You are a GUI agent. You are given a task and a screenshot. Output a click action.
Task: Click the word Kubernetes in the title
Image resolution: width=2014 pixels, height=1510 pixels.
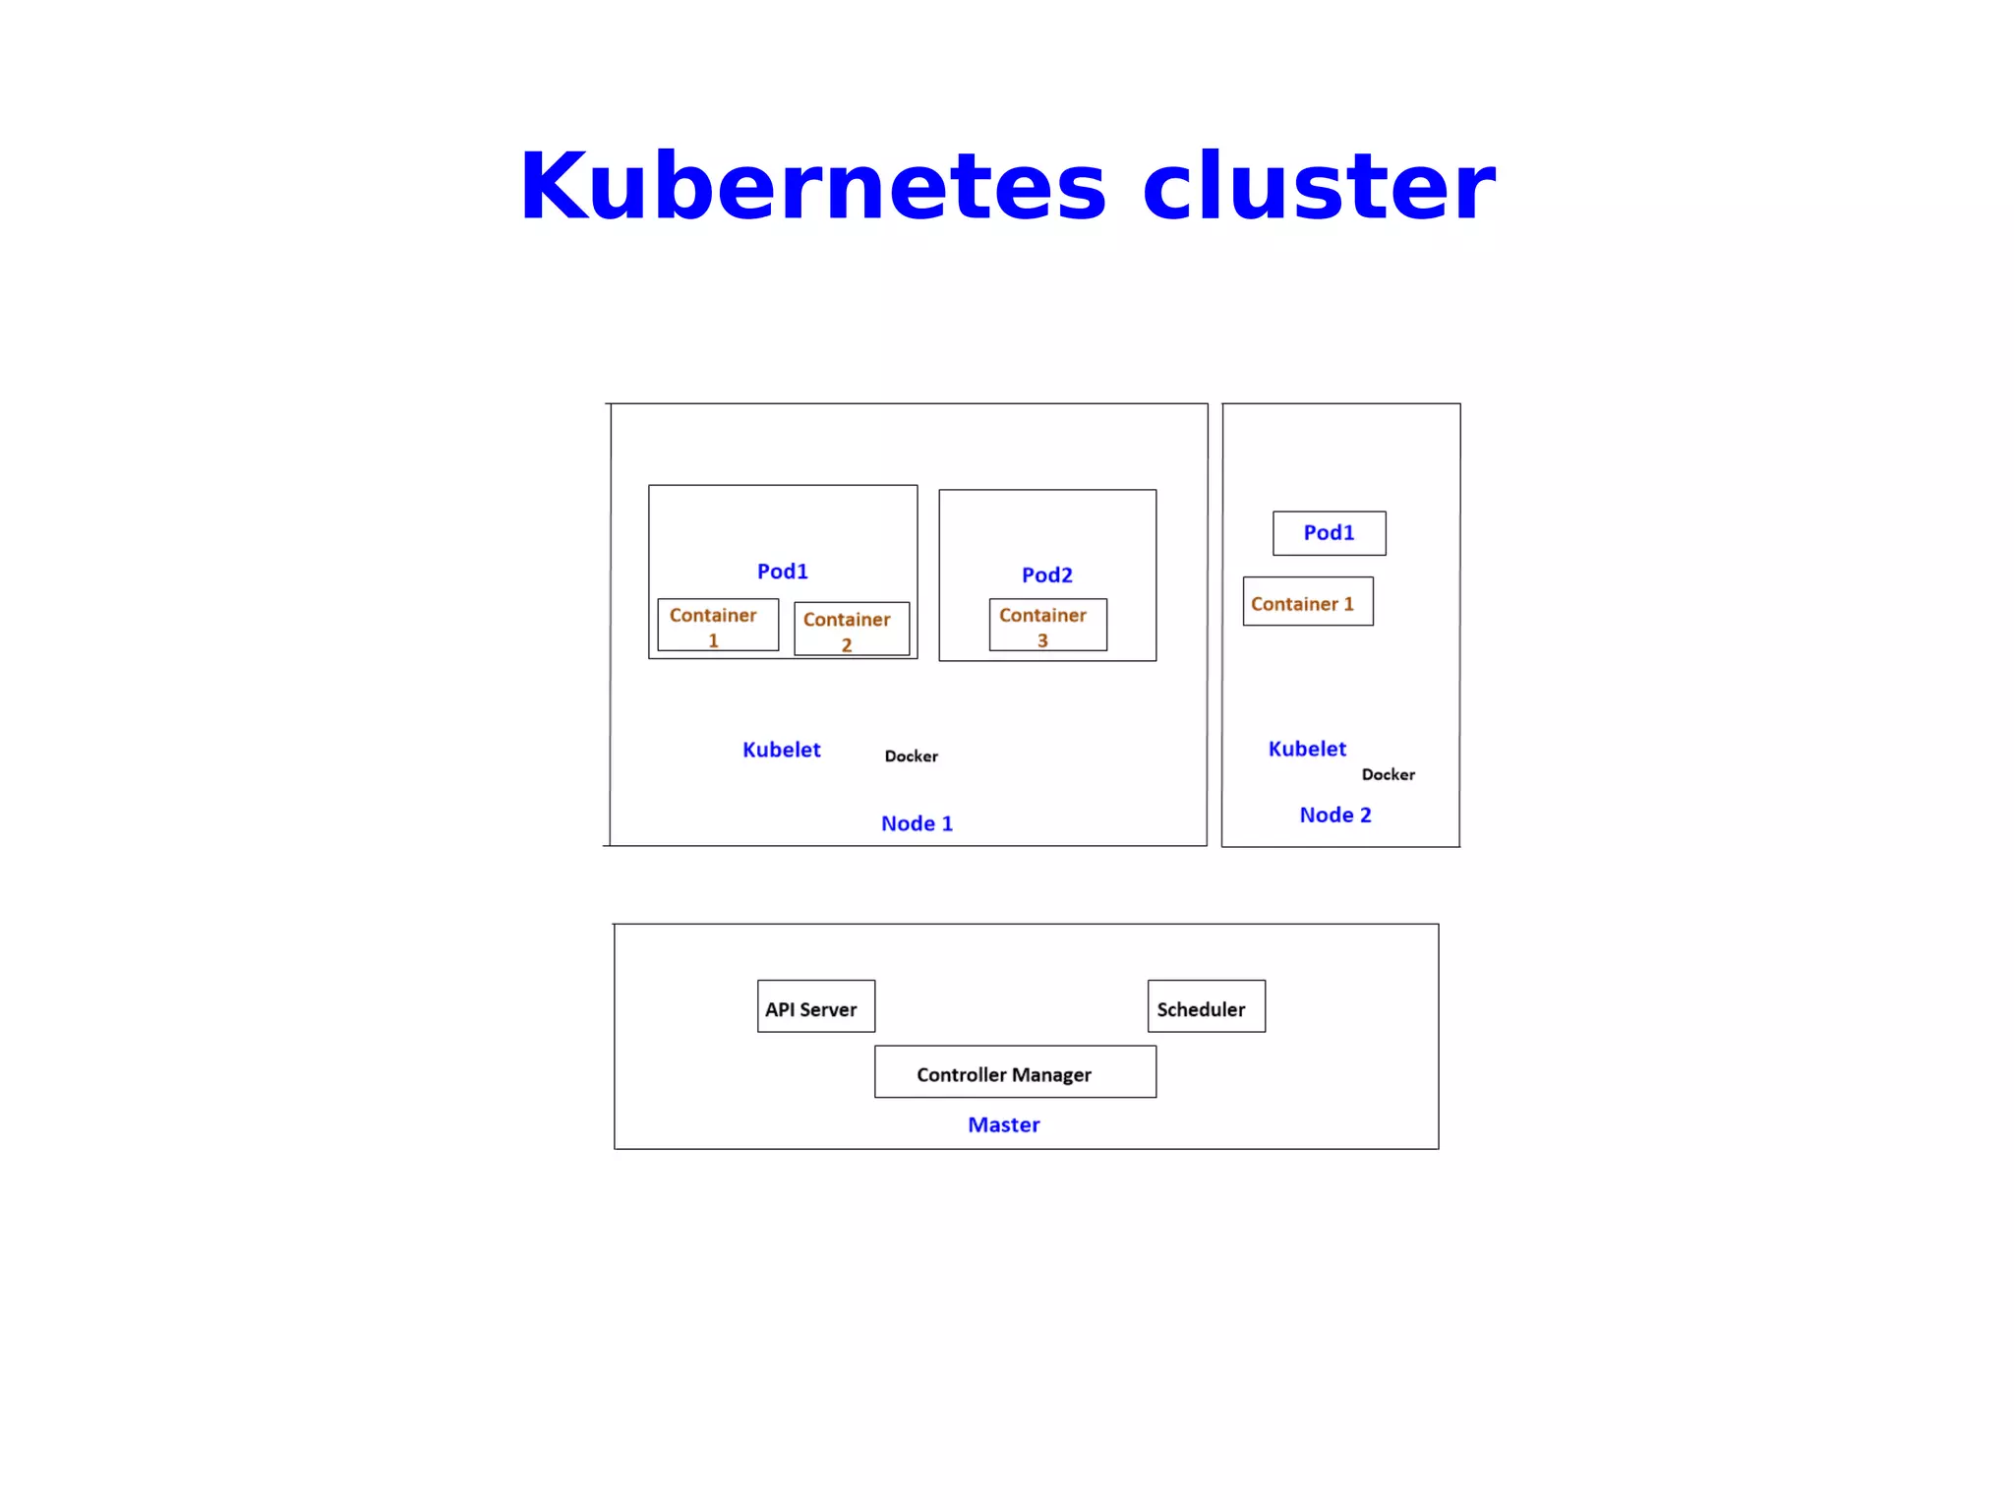[812, 186]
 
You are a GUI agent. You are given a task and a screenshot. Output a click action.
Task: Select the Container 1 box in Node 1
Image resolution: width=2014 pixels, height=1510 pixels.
[717, 625]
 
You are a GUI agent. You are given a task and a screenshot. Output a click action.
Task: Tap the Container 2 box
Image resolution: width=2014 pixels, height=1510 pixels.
[851, 629]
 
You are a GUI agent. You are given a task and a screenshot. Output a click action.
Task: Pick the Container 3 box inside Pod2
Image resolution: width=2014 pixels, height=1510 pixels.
[1047, 625]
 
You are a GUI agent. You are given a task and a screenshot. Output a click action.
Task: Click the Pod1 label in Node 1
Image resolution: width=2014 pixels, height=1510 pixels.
[782, 572]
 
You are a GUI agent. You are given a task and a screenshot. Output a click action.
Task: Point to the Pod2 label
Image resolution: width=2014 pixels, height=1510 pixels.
[1046, 575]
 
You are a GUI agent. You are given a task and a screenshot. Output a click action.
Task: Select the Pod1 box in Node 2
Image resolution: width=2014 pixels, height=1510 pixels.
[1329, 533]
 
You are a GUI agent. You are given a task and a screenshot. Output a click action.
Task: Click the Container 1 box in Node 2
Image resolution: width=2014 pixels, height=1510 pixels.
[1307, 602]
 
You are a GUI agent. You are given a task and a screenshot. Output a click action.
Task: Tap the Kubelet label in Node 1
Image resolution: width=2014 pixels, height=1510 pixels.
[781, 750]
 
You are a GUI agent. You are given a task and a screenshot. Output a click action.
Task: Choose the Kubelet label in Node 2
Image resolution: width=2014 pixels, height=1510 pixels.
[1307, 749]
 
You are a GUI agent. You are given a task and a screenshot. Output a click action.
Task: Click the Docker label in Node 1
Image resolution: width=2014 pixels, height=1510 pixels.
[911, 756]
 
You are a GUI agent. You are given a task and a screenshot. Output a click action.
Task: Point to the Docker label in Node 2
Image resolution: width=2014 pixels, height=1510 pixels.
[1388, 775]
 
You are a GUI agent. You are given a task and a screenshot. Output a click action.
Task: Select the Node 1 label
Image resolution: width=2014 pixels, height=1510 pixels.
[917, 823]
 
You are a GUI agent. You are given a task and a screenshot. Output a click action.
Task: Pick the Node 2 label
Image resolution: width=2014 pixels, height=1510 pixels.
[1334, 815]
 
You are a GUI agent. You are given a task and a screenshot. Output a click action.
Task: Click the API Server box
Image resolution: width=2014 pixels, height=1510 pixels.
[815, 1006]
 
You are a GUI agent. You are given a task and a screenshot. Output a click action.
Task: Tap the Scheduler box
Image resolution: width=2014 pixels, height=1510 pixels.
[1206, 1006]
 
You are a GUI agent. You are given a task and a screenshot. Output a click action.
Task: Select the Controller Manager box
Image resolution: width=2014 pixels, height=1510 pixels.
[1015, 1072]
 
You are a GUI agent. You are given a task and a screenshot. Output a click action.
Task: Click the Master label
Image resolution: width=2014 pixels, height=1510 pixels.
[1003, 1124]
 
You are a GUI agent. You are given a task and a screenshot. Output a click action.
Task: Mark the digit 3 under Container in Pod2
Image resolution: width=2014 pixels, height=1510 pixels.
[1042, 640]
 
